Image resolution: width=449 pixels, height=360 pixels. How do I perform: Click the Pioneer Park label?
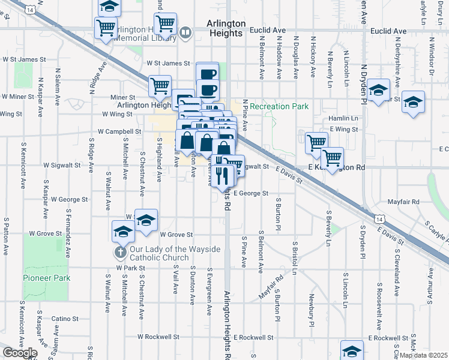click(47, 278)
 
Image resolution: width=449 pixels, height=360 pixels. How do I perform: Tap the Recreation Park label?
click(279, 107)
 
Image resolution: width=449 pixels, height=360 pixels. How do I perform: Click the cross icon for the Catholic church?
click(120, 252)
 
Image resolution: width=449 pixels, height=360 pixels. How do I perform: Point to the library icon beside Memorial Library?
click(186, 33)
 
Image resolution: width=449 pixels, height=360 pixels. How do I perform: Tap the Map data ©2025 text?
click(423, 355)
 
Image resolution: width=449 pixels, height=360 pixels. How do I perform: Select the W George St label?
click(70, 199)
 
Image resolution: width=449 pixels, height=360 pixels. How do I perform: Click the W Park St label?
click(131, 268)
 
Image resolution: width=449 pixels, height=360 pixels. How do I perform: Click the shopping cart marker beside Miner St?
click(160, 86)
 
